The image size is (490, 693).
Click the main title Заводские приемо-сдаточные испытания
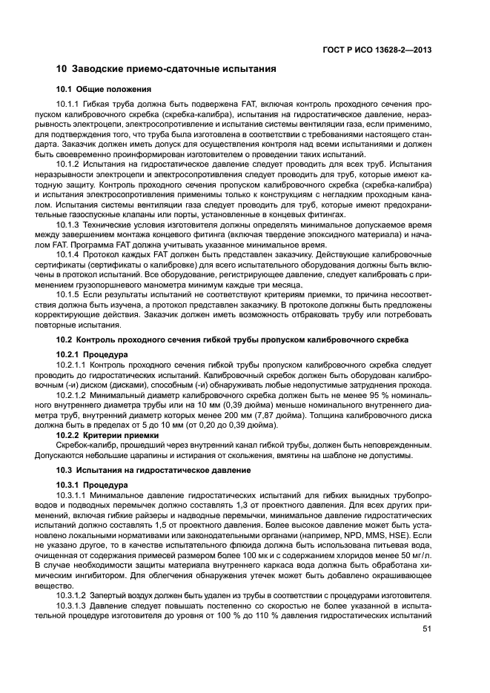[166, 70]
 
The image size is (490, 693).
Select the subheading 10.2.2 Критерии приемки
[110, 435]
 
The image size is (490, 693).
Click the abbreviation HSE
[385, 535]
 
